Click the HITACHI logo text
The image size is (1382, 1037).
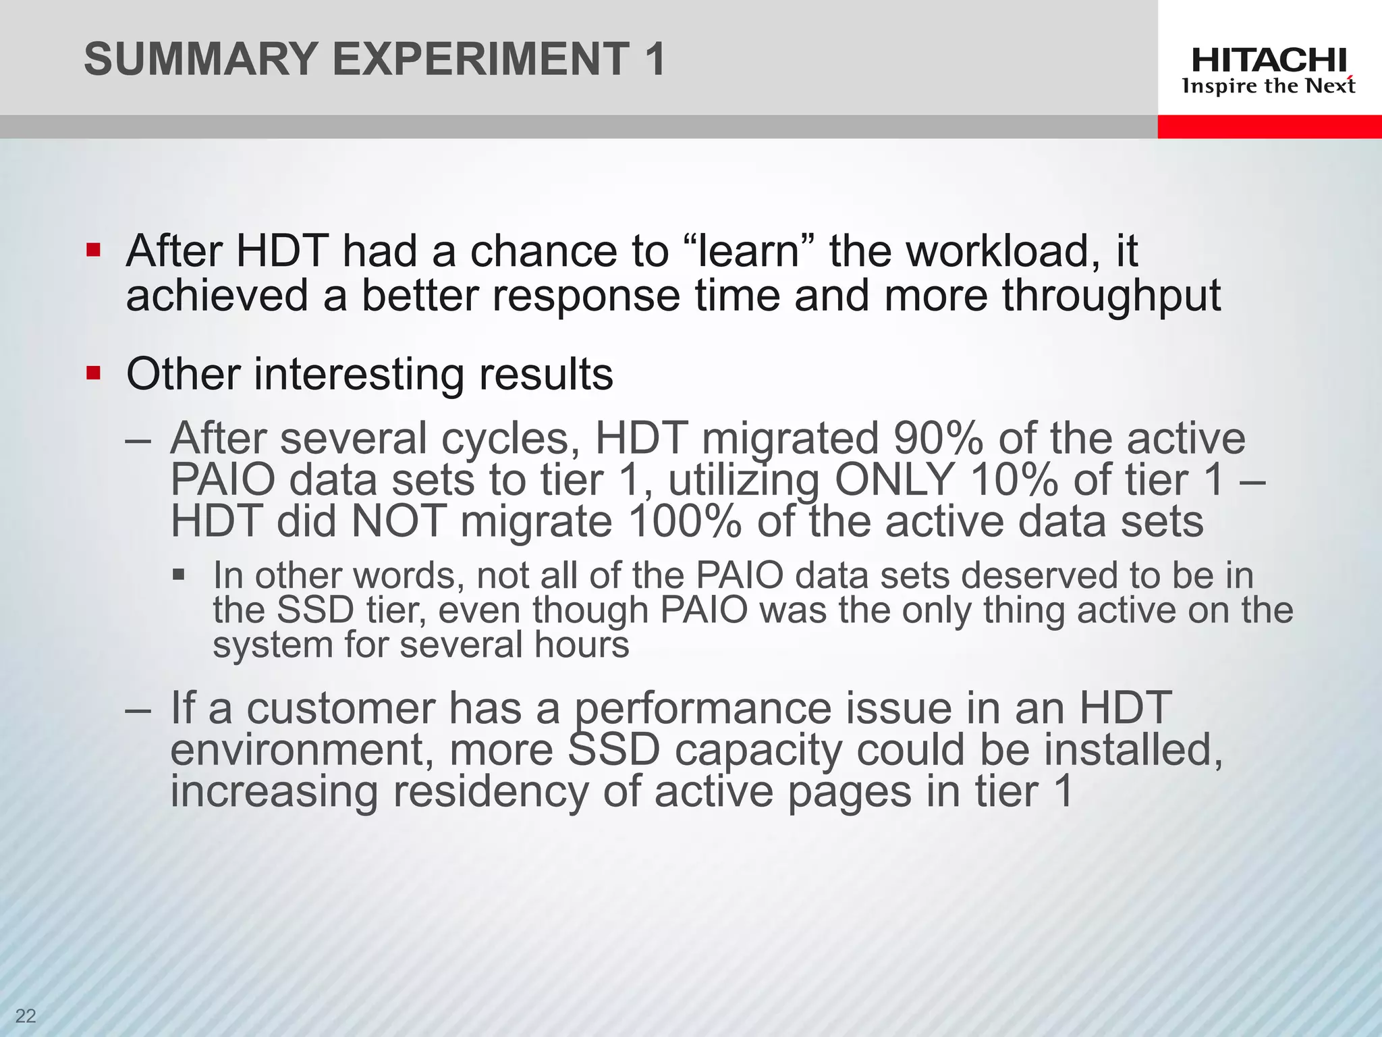[x=1269, y=61]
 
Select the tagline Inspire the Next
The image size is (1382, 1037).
[x=1269, y=86]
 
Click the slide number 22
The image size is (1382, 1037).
[x=26, y=1016]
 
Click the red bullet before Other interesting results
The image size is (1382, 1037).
[x=93, y=373]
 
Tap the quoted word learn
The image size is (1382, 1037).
[x=748, y=251]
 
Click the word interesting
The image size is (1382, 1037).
[x=358, y=374]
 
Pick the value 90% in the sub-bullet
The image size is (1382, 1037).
[x=937, y=438]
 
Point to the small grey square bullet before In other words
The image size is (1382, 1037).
[x=178, y=575]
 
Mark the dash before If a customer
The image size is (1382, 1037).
[x=139, y=709]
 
